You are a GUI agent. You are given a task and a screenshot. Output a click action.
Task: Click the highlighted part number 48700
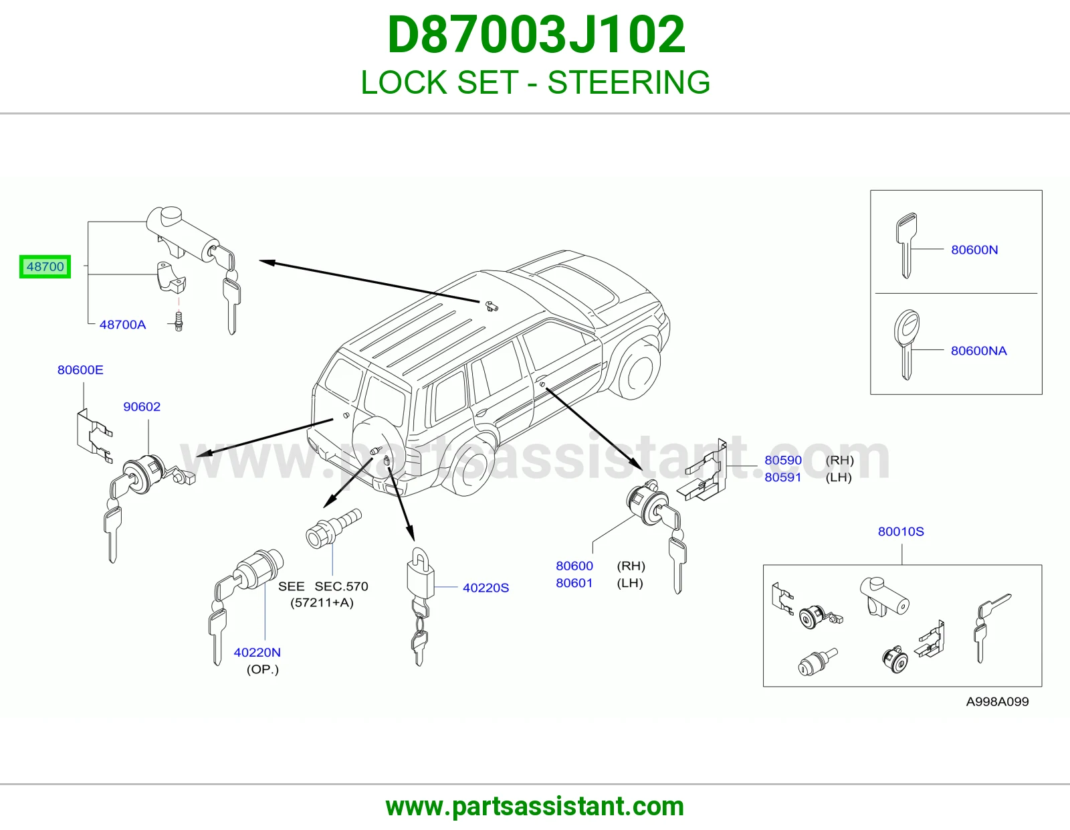pos(45,266)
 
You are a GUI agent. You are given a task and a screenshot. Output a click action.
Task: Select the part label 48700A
pos(122,325)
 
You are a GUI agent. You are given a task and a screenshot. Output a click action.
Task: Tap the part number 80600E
pos(80,369)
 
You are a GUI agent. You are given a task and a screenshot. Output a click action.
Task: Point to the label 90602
pos(142,406)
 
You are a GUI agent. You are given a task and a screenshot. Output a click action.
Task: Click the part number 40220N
pos(257,653)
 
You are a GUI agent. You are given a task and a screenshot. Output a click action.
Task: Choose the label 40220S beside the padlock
pos(486,588)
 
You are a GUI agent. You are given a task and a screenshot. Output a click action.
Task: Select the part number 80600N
pos(974,250)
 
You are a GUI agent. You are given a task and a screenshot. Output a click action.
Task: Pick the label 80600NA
pos(978,351)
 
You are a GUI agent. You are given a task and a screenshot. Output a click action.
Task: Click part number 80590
pos(783,460)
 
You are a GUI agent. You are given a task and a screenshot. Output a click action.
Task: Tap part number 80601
pos(574,583)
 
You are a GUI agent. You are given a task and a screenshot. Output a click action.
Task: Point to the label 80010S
pos(901,531)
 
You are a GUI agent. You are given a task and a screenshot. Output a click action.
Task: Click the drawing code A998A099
pos(997,701)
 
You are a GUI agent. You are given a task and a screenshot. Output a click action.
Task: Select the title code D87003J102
pos(536,35)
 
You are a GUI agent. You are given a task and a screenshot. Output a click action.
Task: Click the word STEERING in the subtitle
pos(629,82)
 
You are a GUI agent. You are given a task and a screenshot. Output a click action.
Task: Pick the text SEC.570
pos(341,586)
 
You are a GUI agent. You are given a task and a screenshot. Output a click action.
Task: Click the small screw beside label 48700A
pos(179,321)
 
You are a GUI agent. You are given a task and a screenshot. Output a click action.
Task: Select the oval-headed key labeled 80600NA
pos(907,345)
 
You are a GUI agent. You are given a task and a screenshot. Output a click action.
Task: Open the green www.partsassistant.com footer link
pos(535,807)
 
